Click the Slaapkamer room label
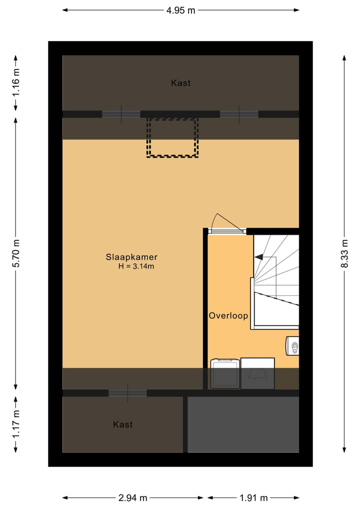[131, 257]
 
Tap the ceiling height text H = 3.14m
[136, 267]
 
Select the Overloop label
[228, 316]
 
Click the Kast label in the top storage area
[180, 83]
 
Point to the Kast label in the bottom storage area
[122, 424]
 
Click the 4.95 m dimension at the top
[180, 10]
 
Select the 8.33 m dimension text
[344, 254]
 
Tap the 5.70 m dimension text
[16, 254]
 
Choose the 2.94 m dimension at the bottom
[132, 498]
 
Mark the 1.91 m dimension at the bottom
[253, 498]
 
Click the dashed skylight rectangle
[172, 137]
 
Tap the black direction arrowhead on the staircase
[259, 257]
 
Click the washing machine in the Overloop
[224, 373]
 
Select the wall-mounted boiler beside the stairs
[293, 346]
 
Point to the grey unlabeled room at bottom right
[243, 424]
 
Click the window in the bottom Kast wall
[127, 393]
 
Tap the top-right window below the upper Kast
[239, 114]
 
